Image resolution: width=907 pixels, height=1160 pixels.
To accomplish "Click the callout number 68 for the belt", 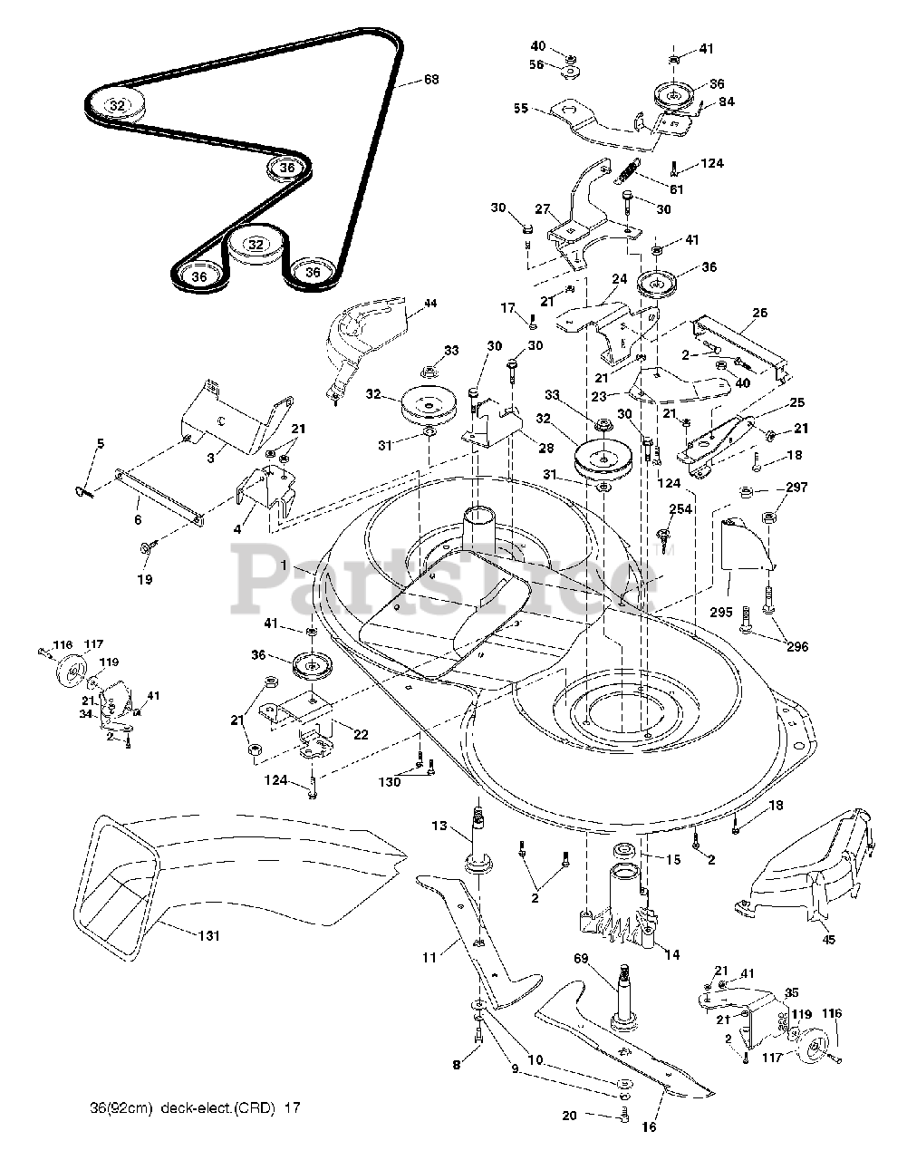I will point(431,81).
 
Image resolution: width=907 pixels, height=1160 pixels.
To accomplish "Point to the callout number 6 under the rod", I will point(138,520).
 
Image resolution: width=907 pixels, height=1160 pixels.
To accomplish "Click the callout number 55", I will point(520,107).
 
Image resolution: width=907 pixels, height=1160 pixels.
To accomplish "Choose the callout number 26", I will point(759,314).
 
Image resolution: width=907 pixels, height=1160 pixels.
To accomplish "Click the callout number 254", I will point(680,510).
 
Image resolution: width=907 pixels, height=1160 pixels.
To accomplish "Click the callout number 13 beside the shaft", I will point(439,825).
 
